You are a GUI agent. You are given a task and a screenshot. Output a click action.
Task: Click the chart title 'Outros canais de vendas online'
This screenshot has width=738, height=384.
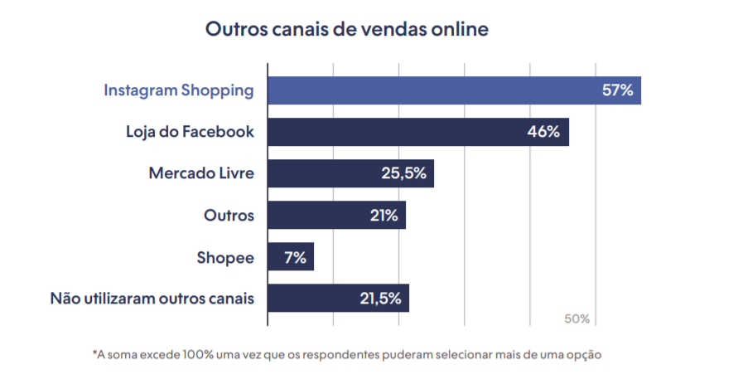(x=347, y=29)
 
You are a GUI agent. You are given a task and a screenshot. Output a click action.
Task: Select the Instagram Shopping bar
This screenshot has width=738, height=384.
(x=454, y=90)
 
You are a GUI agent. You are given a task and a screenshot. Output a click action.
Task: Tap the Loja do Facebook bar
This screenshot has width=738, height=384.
(x=418, y=132)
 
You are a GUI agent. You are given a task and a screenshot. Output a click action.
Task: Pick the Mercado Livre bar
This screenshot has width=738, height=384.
(x=350, y=173)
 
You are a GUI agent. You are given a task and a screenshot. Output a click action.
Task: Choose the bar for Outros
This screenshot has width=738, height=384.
(x=336, y=216)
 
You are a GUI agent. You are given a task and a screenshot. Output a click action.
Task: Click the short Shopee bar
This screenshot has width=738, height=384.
(x=291, y=257)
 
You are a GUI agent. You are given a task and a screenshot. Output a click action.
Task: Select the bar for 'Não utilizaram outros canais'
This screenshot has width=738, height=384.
(x=339, y=299)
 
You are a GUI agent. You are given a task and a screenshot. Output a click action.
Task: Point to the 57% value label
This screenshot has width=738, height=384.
(x=618, y=90)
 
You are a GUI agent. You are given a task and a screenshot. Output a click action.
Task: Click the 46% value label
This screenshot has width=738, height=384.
(x=543, y=131)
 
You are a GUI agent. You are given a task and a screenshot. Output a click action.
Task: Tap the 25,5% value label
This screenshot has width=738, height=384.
(x=404, y=173)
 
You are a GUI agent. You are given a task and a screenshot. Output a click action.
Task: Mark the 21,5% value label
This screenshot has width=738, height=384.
(x=380, y=299)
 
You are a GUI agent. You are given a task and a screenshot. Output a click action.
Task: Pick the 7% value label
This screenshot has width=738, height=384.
(x=295, y=257)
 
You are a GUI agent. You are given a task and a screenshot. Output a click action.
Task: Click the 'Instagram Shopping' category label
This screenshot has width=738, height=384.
(x=179, y=90)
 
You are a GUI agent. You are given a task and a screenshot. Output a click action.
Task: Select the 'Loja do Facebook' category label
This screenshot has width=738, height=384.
(x=191, y=131)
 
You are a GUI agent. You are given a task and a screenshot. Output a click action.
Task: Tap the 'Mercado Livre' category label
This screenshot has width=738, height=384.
(x=201, y=173)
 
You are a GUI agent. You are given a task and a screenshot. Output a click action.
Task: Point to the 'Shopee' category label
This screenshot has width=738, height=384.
(x=225, y=258)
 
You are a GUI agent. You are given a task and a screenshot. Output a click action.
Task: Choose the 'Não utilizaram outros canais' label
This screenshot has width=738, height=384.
(x=152, y=299)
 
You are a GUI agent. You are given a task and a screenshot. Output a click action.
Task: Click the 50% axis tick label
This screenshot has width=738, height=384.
(x=577, y=319)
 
